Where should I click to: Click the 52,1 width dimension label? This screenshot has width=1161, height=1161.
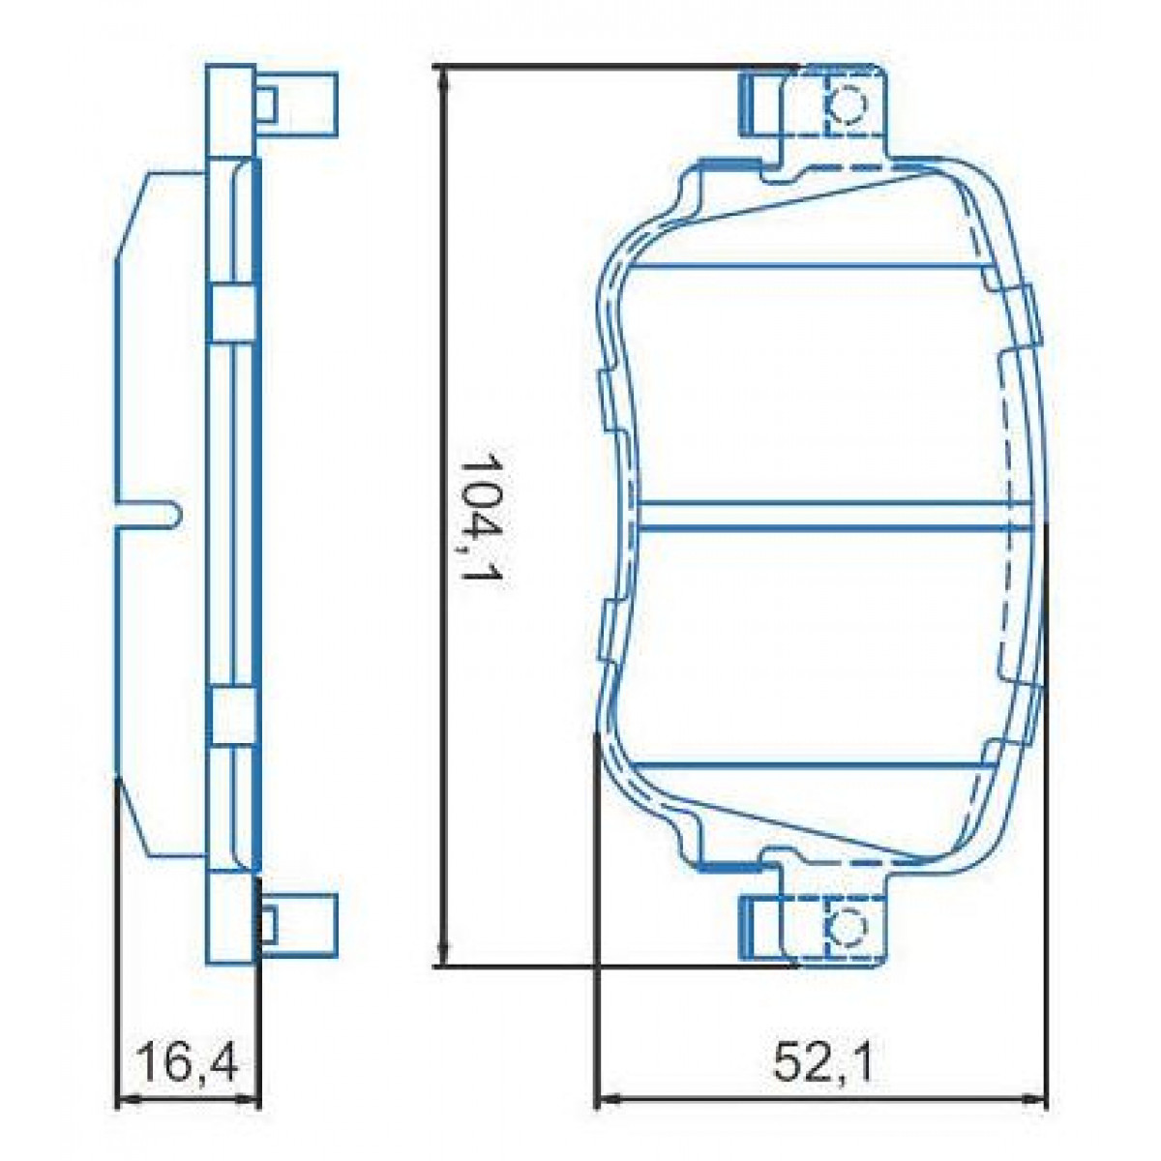(823, 1065)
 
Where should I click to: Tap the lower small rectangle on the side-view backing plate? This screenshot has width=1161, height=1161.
(232, 717)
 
